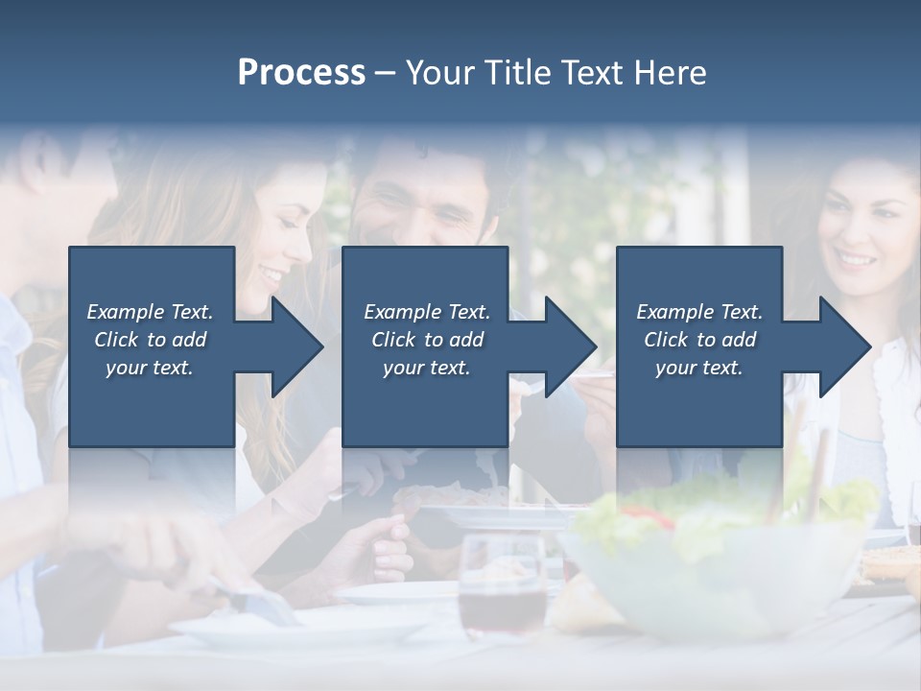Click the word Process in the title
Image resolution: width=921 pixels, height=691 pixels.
coord(301,72)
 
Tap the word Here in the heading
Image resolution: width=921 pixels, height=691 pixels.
coord(673,72)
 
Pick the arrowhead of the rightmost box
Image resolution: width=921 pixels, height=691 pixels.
coord(843,346)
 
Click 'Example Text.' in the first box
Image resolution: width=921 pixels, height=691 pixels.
coord(150,312)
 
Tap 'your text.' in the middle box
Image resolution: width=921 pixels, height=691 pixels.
coord(426,368)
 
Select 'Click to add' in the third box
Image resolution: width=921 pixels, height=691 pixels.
coord(699,340)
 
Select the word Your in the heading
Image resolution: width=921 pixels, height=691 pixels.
coord(437,72)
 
